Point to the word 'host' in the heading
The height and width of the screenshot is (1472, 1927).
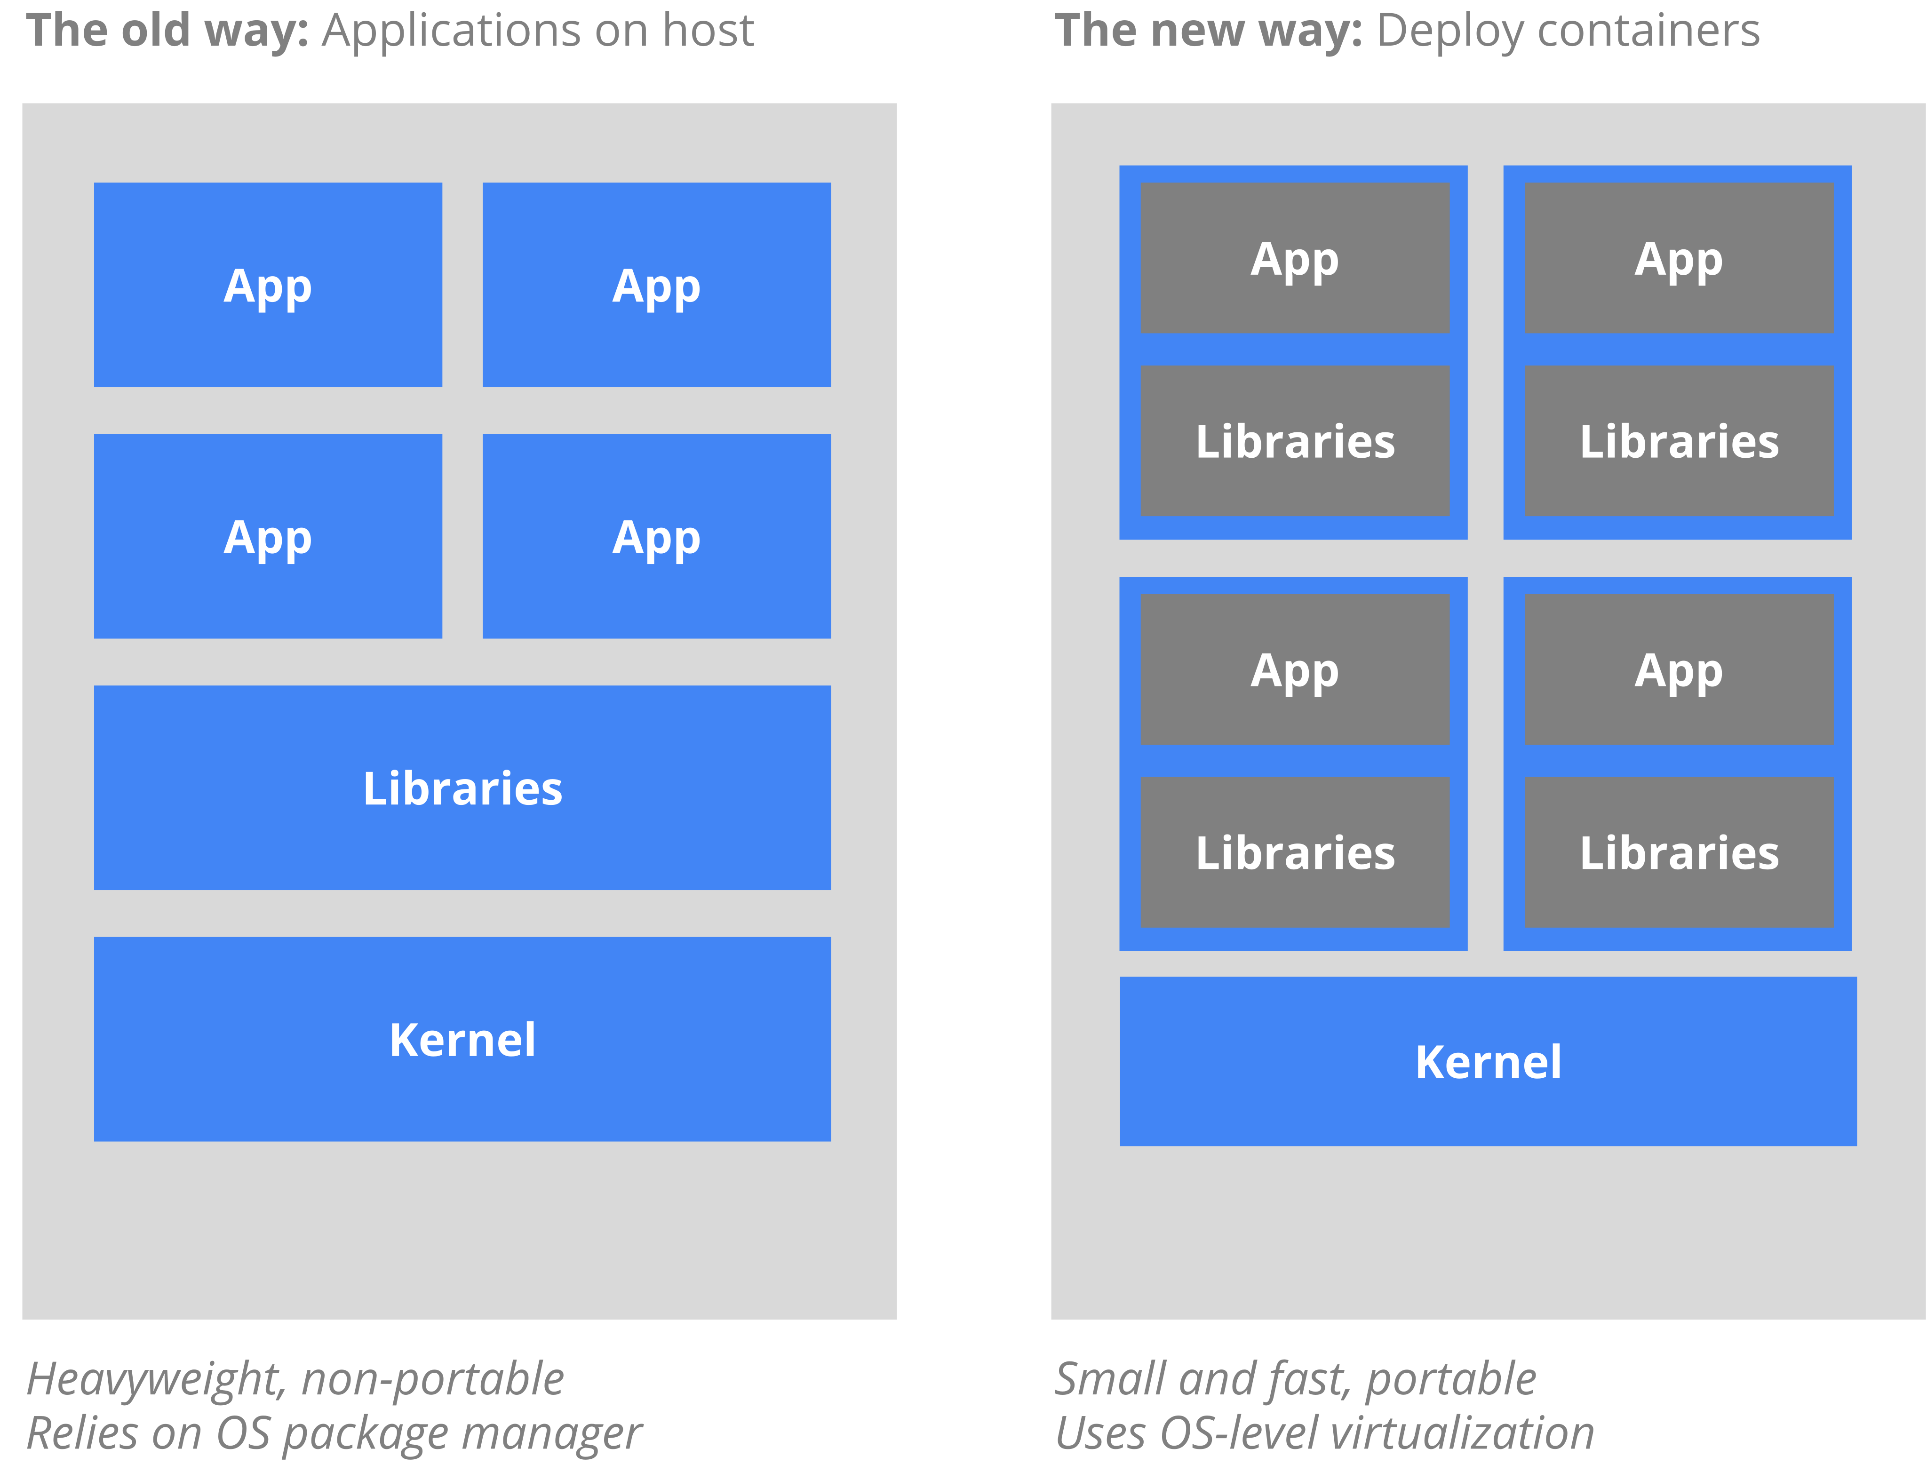(x=708, y=31)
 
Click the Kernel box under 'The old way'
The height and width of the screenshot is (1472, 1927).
(x=462, y=1039)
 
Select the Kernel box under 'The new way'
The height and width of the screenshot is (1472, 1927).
(x=1488, y=1061)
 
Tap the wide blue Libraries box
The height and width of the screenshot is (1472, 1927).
(x=462, y=788)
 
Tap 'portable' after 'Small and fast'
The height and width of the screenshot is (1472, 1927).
(x=1450, y=1380)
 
